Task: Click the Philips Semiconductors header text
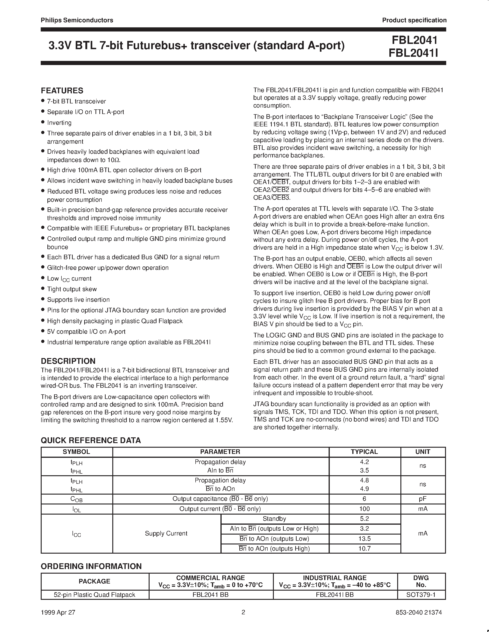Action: [x=77, y=20]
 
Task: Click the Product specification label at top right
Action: [x=414, y=20]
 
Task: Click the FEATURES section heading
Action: [x=62, y=91]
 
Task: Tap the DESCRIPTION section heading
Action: [x=68, y=361]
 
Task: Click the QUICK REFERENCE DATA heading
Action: [x=91, y=440]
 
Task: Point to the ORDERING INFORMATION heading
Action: [x=91, y=566]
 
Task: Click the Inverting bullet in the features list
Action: [x=59, y=123]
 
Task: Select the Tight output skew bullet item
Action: [x=72, y=289]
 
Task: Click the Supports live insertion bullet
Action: [x=78, y=299]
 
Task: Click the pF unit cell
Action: [x=423, y=499]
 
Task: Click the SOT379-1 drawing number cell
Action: [x=421, y=595]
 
